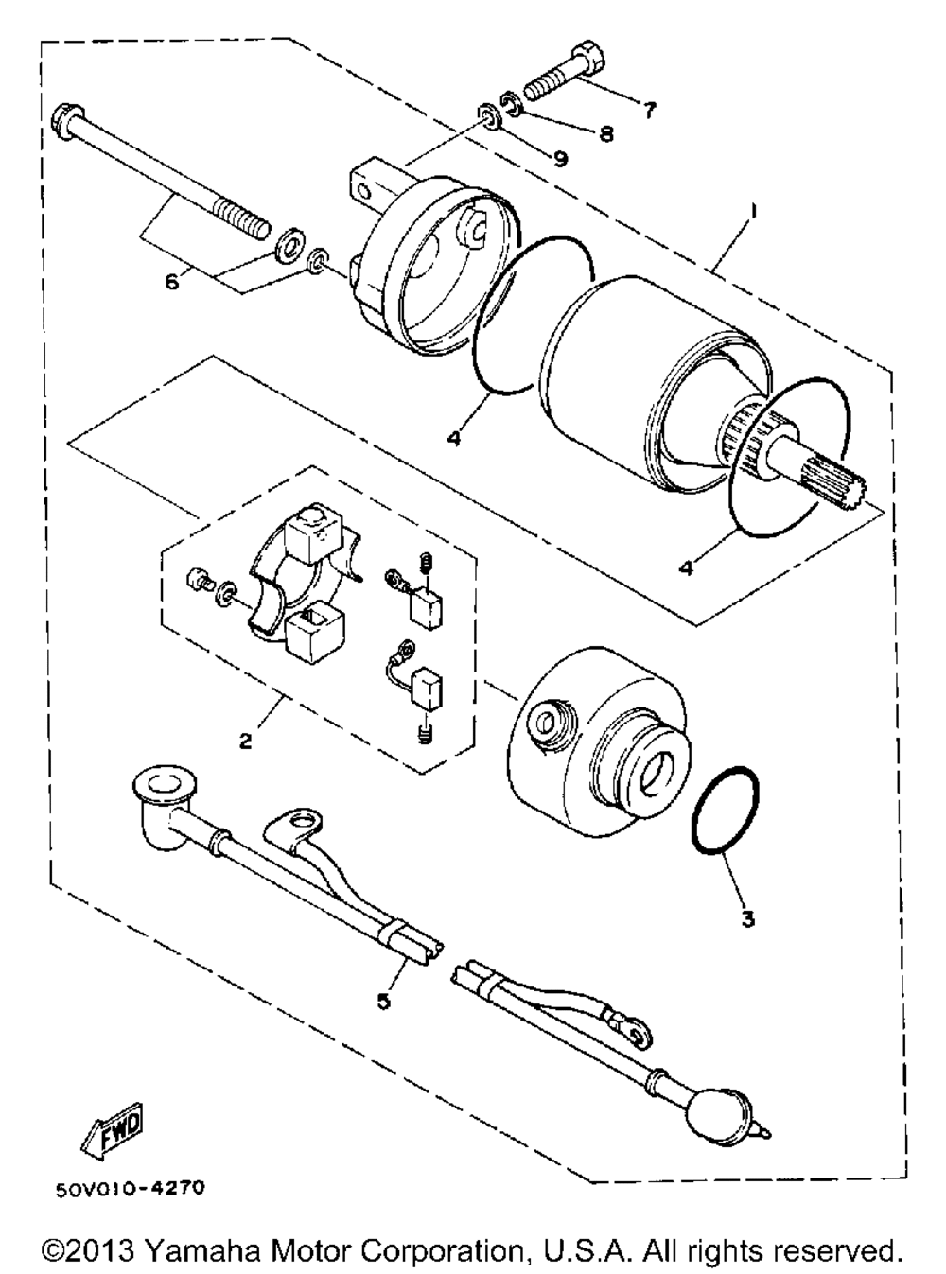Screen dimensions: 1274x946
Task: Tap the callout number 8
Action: (604, 133)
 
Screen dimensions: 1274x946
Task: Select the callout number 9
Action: (560, 159)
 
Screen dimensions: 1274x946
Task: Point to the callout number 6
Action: (173, 281)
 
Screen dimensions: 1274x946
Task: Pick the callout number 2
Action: (244, 741)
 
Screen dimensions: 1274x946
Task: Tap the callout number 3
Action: (747, 918)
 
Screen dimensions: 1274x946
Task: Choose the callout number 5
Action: (383, 1001)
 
